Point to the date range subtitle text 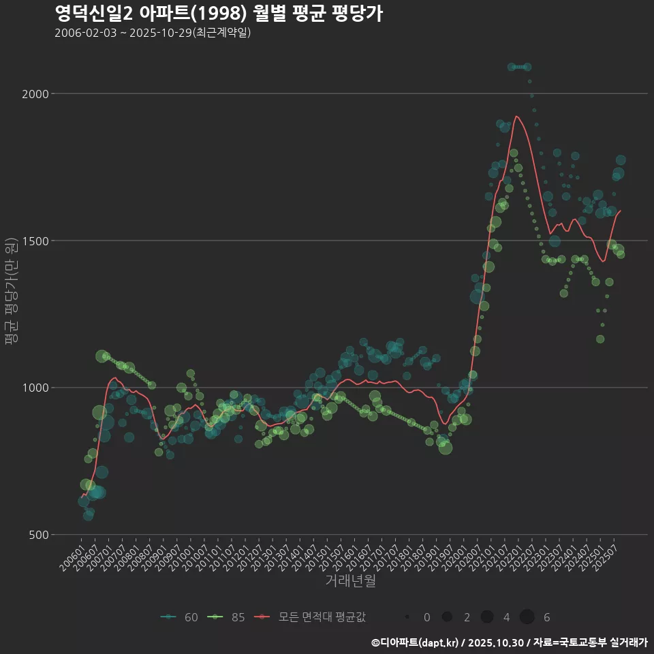(x=153, y=33)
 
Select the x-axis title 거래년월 (x=350, y=581)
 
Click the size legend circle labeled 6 (x=527, y=617)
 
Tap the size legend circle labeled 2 (x=447, y=617)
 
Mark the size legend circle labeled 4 (x=486, y=617)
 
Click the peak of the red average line (x=516, y=116)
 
